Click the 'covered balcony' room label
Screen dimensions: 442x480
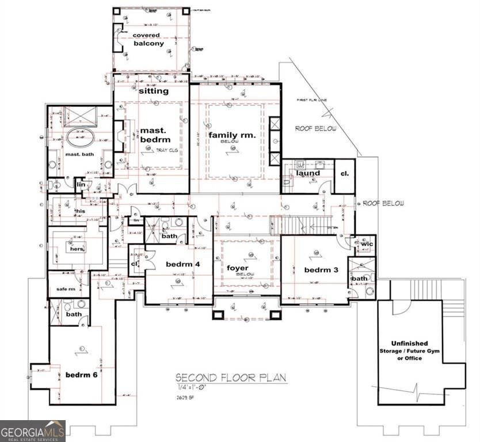147,39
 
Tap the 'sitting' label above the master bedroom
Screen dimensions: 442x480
154,91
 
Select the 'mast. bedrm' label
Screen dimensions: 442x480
155,136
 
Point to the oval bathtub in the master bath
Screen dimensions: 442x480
80,138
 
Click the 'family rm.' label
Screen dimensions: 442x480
232,135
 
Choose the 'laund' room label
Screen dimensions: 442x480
308,173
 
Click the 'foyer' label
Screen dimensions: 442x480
237,269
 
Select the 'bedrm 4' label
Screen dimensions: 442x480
182,264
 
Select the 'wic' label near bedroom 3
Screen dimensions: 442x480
367,245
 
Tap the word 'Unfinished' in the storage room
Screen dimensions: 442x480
409,344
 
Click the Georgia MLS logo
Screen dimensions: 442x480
33,430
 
